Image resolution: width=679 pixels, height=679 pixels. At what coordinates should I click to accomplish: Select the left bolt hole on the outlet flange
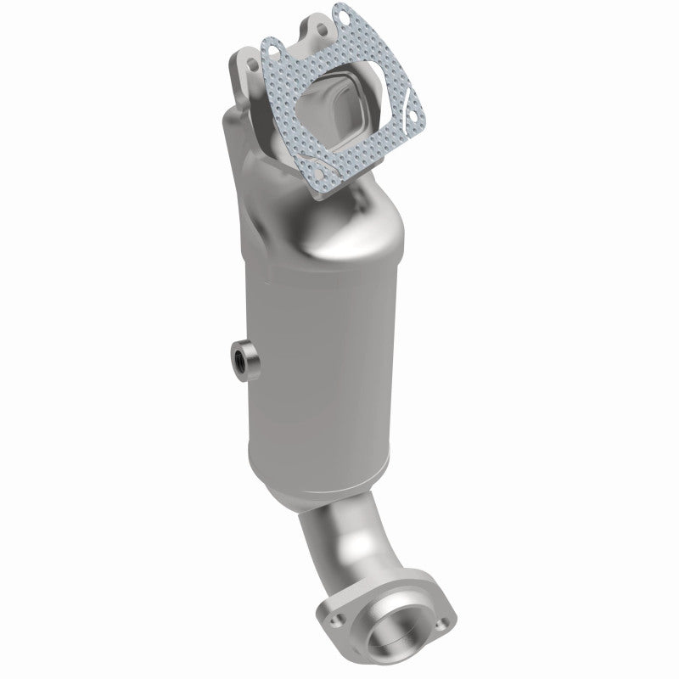click(329, 606)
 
